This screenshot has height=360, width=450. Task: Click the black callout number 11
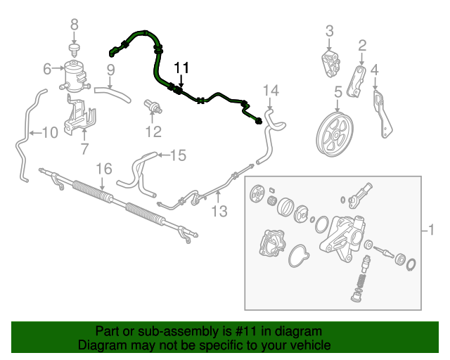[181, 67]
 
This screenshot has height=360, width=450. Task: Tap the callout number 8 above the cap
[75, 25]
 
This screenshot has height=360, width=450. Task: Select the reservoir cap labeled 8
[74, 50]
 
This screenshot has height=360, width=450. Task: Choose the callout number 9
[111, 70]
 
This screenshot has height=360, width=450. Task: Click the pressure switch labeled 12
[153, 107]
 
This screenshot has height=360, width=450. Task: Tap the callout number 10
[50, 133]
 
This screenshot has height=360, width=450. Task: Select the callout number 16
[103, 169]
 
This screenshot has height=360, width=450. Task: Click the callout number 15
[178, 155]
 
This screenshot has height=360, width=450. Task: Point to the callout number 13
[219, 212]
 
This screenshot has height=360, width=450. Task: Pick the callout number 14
[271, 91]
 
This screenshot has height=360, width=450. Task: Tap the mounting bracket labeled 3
[330, 64]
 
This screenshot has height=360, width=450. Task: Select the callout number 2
[362, 46]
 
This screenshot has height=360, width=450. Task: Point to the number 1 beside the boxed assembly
[431, 230]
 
